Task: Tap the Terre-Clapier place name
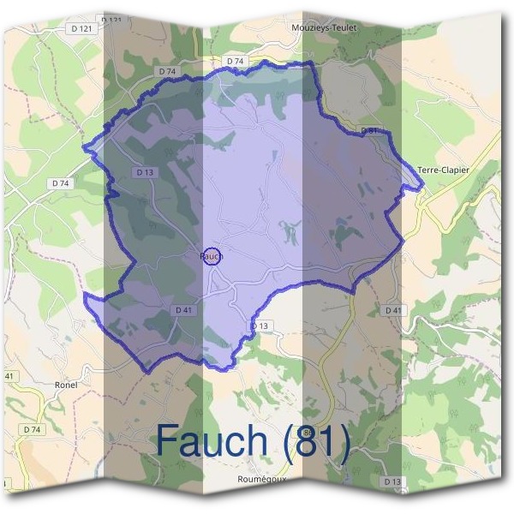pyautogui.click(x=443, y=170)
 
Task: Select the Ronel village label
pyautogui.click(x=66, y=385)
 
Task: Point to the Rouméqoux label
pyautogui.click(x=260, y=481)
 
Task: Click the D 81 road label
pyautogui.click(x=369, y=130)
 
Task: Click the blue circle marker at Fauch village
pyautogui.click(x=213, y=255)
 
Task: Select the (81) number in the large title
pyautogui.click(x=314, y=441)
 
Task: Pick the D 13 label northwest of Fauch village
pyautogui.click(x=144, y=172)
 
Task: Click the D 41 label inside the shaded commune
pyautogui.click(x=182, y=309)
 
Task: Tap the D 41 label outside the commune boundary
pyautogui.click(x=393, y=309)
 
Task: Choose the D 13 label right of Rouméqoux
pyautogui.click(x=392, y=482)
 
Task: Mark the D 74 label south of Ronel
pyautogui.click(x=33, y=428)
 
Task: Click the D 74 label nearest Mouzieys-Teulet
pyautogui.click(x=236, y=62)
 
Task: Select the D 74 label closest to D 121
pyautogui.click(x=168, y=70)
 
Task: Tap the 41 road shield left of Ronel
pyautogui.click(x=9, y=376)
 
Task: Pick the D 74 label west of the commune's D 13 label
pyautogui.click(x=60, y=183)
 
